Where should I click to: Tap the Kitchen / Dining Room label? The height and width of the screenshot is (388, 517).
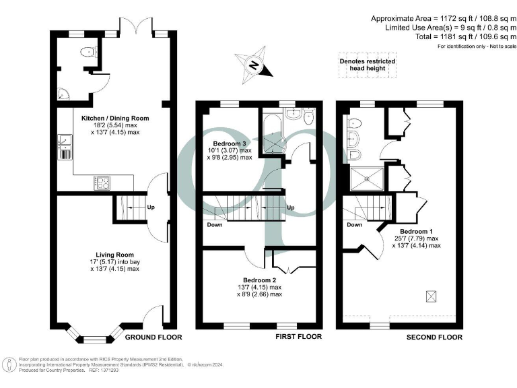pyautogui.click(x=115, y=118)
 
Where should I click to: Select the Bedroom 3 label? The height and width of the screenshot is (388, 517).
pyautogui.click(x=230, y=144)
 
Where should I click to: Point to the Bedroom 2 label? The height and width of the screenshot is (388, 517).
pyautogui.click(x=262, y=280)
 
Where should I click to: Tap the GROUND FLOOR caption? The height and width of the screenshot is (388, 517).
pyautogui.click(x=153, y=337)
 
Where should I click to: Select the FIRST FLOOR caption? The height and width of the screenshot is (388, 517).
pyautogui.click(x=299, y=337)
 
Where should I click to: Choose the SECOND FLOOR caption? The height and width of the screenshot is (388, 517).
pyautogui.click(x=434, y=337)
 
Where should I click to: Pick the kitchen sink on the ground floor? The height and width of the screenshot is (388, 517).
pyautogui.click(x=65, y=143)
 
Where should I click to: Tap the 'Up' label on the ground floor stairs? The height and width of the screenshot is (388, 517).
pyautogui.click(x=151, y=207)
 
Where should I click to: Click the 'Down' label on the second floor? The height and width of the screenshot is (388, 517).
pyautogui.click(x=355, y=225)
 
